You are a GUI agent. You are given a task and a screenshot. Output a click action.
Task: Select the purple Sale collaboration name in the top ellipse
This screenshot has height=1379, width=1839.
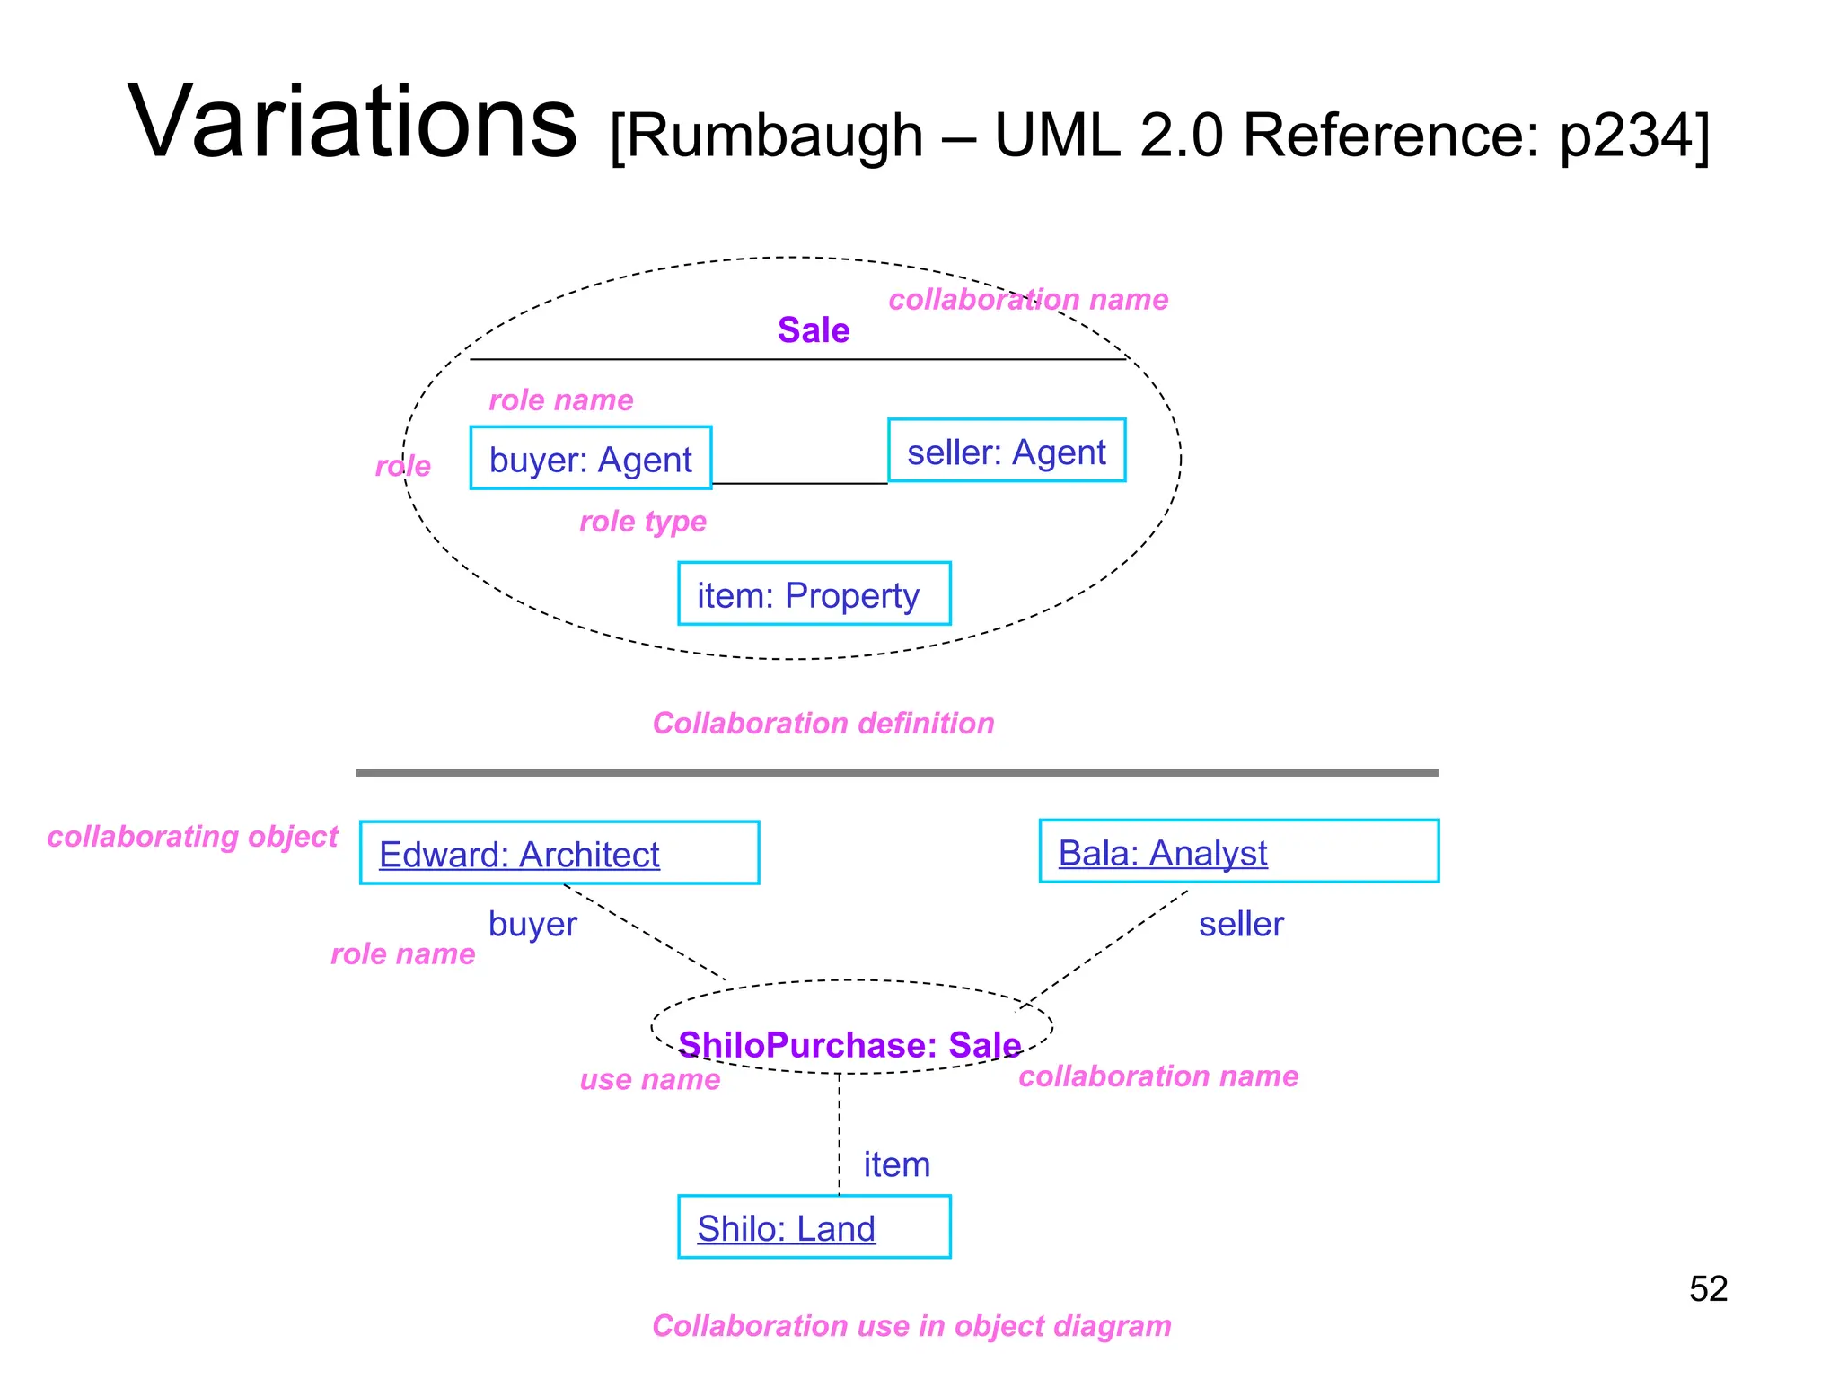813,330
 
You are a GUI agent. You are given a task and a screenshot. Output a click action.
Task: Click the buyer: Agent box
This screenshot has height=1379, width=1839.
591,459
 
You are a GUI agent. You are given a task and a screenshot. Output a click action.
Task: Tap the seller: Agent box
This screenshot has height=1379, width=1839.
1006,452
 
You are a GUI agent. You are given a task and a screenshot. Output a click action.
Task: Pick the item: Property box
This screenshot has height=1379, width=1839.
814,594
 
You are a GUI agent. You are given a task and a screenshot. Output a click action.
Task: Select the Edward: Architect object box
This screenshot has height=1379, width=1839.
559,853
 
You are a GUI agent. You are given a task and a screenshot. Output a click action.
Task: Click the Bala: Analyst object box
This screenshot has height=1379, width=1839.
1238,851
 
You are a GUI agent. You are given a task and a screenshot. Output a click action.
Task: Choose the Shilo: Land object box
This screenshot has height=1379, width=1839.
814,1227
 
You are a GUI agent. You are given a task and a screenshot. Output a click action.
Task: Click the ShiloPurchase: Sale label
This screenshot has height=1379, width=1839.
849,1045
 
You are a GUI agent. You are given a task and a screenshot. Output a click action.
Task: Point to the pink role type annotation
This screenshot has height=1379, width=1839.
642,521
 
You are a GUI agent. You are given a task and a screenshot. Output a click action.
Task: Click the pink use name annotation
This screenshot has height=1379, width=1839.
649,1079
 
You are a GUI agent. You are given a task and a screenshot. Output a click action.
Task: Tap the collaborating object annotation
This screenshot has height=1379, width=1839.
192,836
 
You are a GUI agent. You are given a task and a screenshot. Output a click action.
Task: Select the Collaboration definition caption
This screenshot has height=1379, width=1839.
823,723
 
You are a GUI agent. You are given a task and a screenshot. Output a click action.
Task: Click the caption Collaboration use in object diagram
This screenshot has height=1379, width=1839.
911,1325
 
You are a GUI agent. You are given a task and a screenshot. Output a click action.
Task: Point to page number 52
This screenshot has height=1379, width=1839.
1707,1289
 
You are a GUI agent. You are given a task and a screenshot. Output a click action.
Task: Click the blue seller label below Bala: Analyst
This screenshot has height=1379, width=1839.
1240,924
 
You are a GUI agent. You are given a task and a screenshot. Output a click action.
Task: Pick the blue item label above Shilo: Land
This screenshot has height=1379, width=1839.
896,1164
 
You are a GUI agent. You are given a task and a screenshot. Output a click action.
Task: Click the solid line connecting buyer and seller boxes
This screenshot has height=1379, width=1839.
799,484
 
